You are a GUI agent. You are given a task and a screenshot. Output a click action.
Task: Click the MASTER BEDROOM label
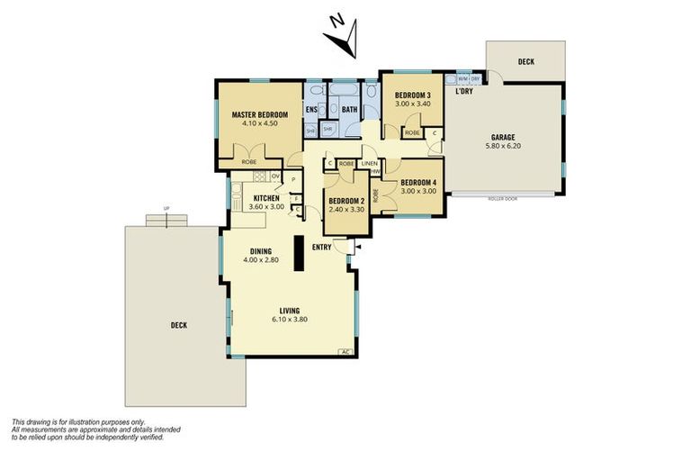tap(259, 115)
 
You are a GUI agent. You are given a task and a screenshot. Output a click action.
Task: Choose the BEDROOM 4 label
tap(418, 181)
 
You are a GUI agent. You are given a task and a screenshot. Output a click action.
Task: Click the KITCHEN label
tap(266, 198)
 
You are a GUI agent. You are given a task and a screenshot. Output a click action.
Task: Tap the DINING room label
tap(261, 251)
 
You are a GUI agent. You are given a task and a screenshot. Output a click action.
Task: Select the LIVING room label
tap(289, 311)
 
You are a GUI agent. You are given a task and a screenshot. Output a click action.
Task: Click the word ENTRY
tap(322, 246)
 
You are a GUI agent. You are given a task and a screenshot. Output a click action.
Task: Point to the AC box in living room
tap(345, 352)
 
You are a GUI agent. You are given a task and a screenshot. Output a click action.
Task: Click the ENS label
tap(311, 110)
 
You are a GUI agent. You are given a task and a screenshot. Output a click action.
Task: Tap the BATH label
tap(348, 110)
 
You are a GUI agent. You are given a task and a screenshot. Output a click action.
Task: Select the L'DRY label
tap(464, 91)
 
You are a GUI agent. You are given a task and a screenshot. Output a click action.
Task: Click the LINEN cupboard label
tap(368, 164)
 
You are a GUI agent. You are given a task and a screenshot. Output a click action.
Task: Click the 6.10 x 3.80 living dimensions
tap(289, 320)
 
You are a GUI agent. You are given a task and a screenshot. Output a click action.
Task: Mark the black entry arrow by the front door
tap(358, 245)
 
